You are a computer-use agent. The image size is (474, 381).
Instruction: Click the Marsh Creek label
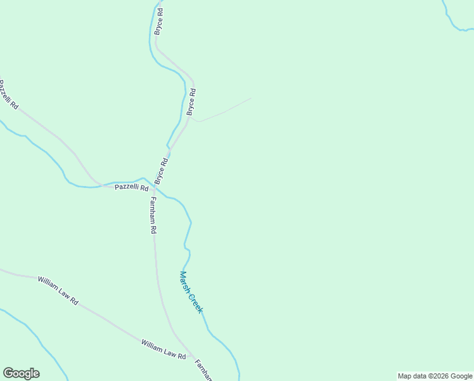point(191,291)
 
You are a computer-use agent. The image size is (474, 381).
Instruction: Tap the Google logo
point(21,373)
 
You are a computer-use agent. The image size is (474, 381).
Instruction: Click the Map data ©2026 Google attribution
point(435,376)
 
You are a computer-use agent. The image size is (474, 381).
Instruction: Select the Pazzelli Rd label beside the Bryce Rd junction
point(131,188)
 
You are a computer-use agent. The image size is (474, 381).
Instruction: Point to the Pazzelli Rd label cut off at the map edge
point(8,93)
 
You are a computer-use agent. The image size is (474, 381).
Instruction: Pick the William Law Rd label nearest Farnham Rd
point(163,350)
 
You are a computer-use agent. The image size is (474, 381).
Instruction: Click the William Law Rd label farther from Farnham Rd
point(57,290)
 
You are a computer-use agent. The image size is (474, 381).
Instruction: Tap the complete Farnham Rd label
point(153,216)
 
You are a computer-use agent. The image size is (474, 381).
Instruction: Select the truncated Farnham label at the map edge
point(203,370)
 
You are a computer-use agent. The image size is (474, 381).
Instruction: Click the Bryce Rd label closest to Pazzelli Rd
point(161,171)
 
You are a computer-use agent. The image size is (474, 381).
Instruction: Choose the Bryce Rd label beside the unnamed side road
point(191,102)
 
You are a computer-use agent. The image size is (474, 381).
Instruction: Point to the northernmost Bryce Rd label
point(159,21)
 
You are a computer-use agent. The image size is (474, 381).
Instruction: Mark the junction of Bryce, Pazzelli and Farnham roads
point(154,187)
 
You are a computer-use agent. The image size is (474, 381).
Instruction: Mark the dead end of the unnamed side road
point(251,98)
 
